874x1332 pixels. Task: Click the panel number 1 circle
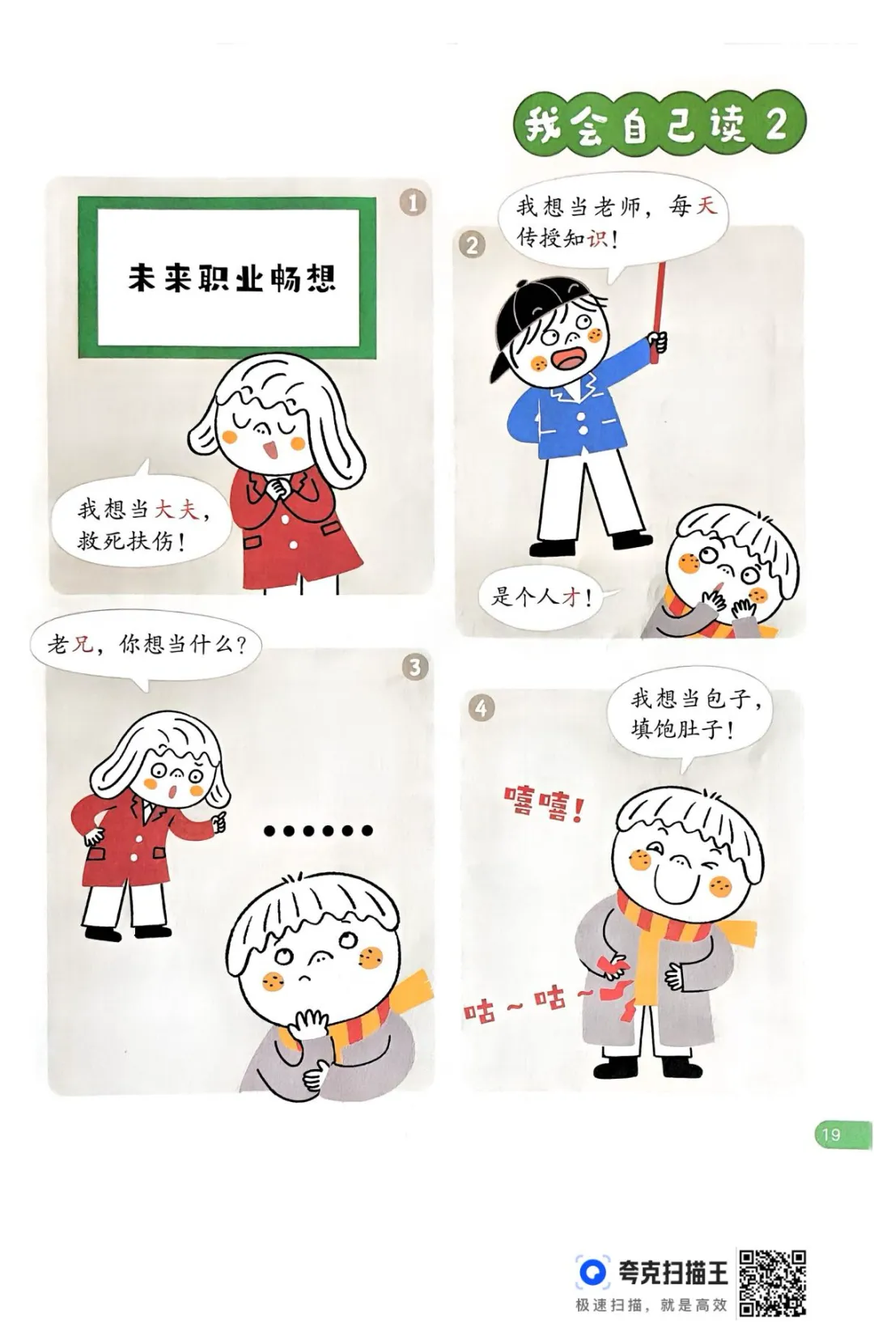(413, 202)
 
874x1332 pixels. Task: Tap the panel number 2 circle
(472, 245)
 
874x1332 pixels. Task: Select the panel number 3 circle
(414, 667)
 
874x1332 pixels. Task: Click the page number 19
(830, 1134)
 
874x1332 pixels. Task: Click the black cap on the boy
(535, 324)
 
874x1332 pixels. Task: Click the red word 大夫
(176, 510)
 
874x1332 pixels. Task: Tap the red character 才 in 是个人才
(571, 597)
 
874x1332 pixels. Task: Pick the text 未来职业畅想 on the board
(232, 278)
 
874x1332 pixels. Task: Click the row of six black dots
(318, 830)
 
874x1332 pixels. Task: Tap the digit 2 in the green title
(775, 125)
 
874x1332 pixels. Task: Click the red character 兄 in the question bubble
(83, 643)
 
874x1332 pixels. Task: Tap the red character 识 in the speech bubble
(597, 239)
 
